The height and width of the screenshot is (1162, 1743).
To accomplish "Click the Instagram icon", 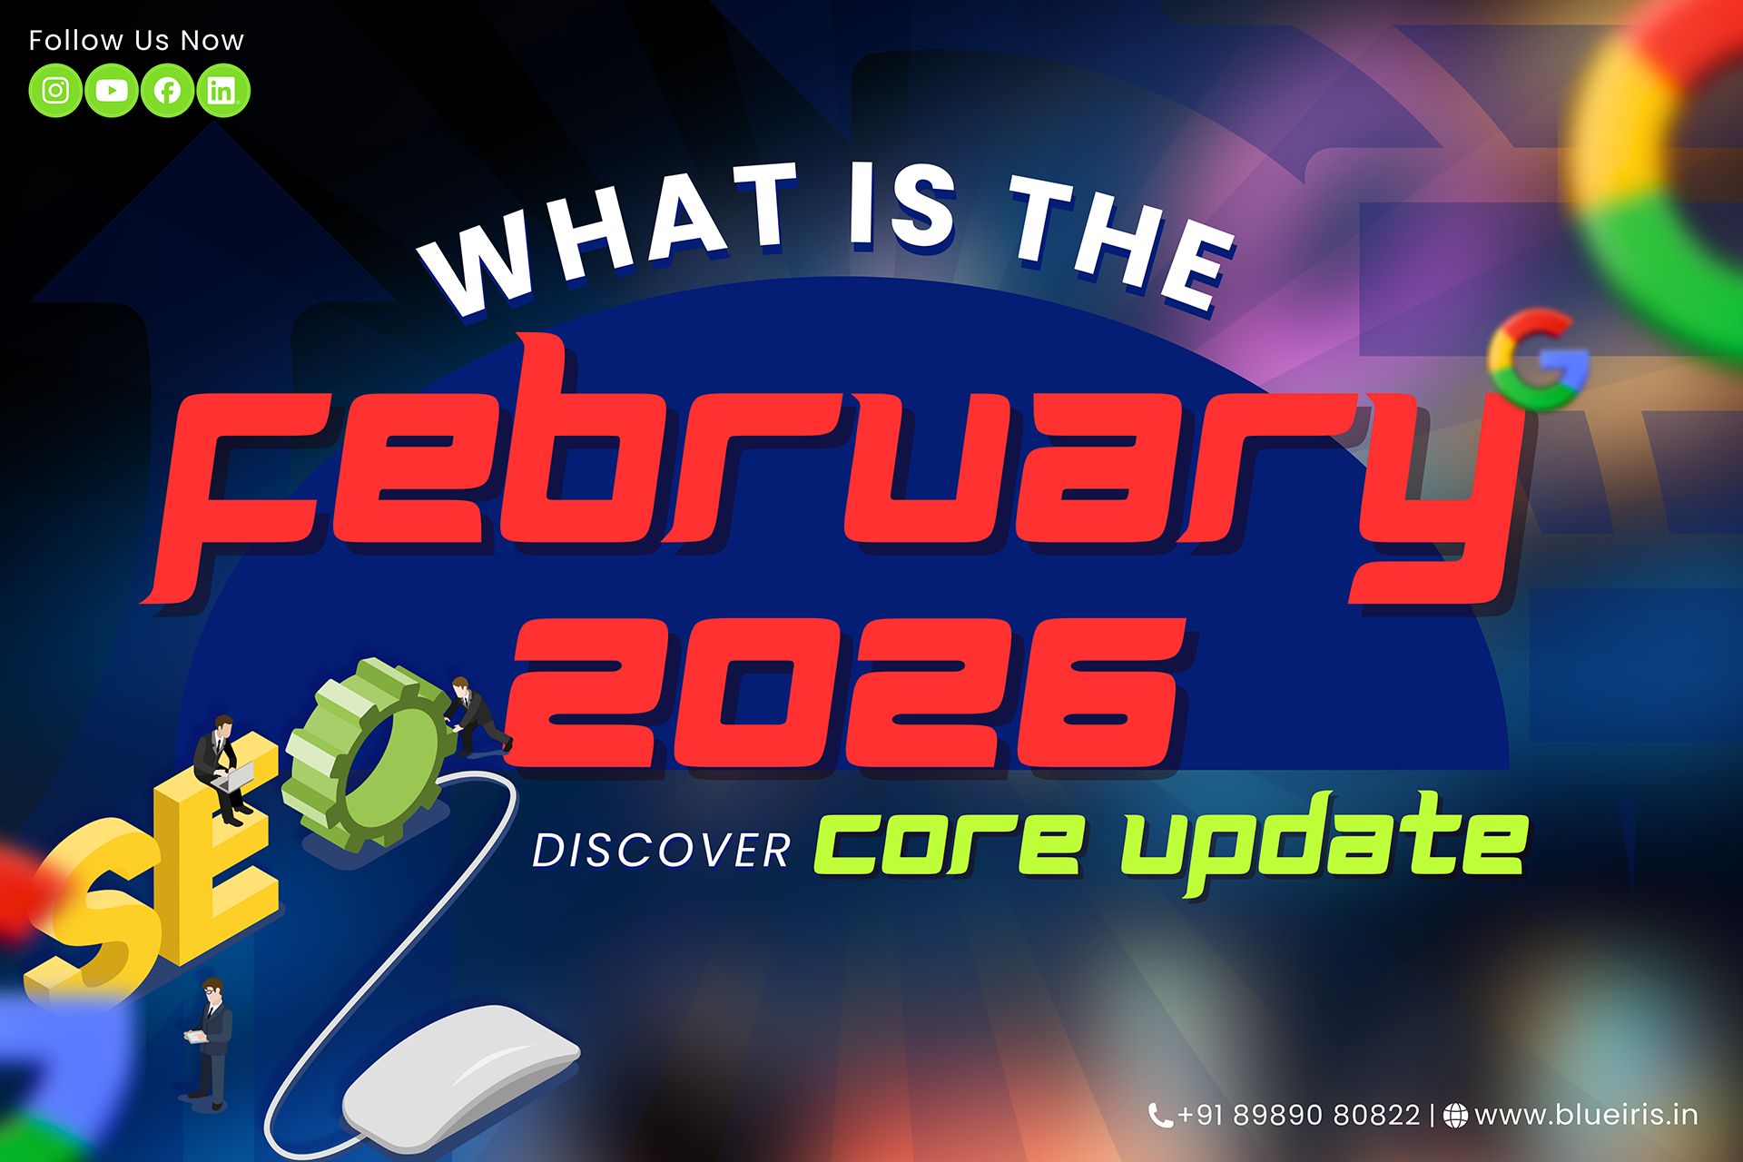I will click(55, 91).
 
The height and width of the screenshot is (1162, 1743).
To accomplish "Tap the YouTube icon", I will click(112, 91).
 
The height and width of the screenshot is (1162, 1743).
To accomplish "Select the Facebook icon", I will click(167, 91).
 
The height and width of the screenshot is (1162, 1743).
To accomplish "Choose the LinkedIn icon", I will click(222, 91).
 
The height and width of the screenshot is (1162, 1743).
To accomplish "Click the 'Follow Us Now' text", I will click(136, 41).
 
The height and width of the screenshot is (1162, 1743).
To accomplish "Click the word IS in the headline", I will click(902, 207).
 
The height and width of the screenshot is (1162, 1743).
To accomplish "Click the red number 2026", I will click(849, 694).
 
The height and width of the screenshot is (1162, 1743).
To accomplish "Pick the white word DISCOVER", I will click(661, 852).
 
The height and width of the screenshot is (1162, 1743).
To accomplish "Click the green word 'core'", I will click(948, 844).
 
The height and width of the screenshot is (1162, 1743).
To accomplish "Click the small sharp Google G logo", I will click(1537, 359).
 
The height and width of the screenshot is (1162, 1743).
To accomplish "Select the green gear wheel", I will click(368, 753).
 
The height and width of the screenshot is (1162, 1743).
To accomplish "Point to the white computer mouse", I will click(458, 1076).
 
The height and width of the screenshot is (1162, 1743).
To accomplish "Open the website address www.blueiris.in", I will click(1585, 1115).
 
